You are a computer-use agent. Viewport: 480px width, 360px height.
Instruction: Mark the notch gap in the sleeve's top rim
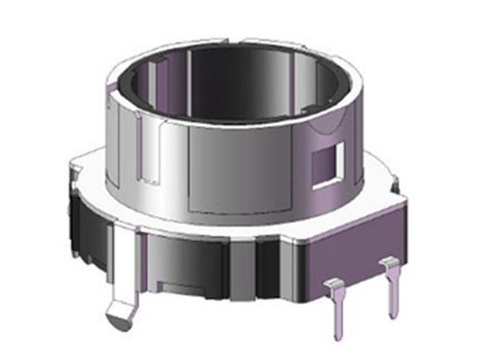click(234, 40)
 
